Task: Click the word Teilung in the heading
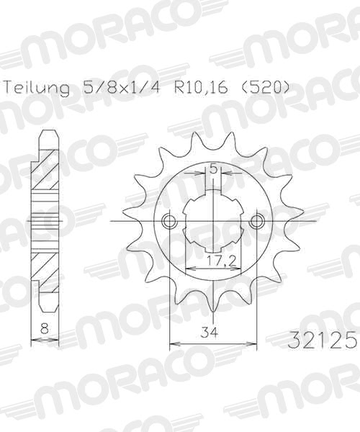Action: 37,88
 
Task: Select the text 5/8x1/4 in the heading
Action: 121,87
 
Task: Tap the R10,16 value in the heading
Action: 200,87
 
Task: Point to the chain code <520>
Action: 263,87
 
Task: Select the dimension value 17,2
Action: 222,260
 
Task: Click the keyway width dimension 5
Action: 213,168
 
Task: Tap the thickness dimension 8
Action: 45,329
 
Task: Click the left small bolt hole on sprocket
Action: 170,221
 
